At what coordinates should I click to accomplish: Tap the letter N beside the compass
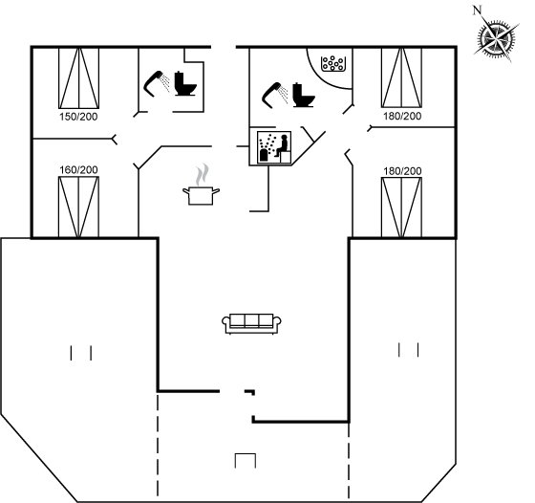(x=477, y=11)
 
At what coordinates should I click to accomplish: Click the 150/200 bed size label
(x=78, y=117)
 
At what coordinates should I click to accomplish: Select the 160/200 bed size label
(x=78, y=169)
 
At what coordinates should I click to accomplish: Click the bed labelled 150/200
(x=78, y=78)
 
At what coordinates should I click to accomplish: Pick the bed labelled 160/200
(x=78, y=207)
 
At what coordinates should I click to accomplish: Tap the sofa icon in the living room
(x=251, y=323)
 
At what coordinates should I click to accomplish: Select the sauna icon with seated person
(x=274, y=147)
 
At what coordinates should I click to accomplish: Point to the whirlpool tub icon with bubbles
(x=333, y=63)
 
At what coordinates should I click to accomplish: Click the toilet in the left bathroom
(x=185, y=83)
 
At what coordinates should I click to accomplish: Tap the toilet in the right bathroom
(x=304, y=95)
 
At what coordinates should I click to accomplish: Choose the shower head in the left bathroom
(x=157, y=84)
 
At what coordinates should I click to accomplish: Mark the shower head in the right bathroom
(x=275, y=96)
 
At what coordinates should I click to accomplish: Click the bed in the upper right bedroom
(x=401, y=77)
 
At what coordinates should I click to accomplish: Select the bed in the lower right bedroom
(x=401, y=208)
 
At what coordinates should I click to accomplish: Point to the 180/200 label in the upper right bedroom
(x=402, y=116)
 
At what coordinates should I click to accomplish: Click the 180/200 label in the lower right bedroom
(x=402, y=171)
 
